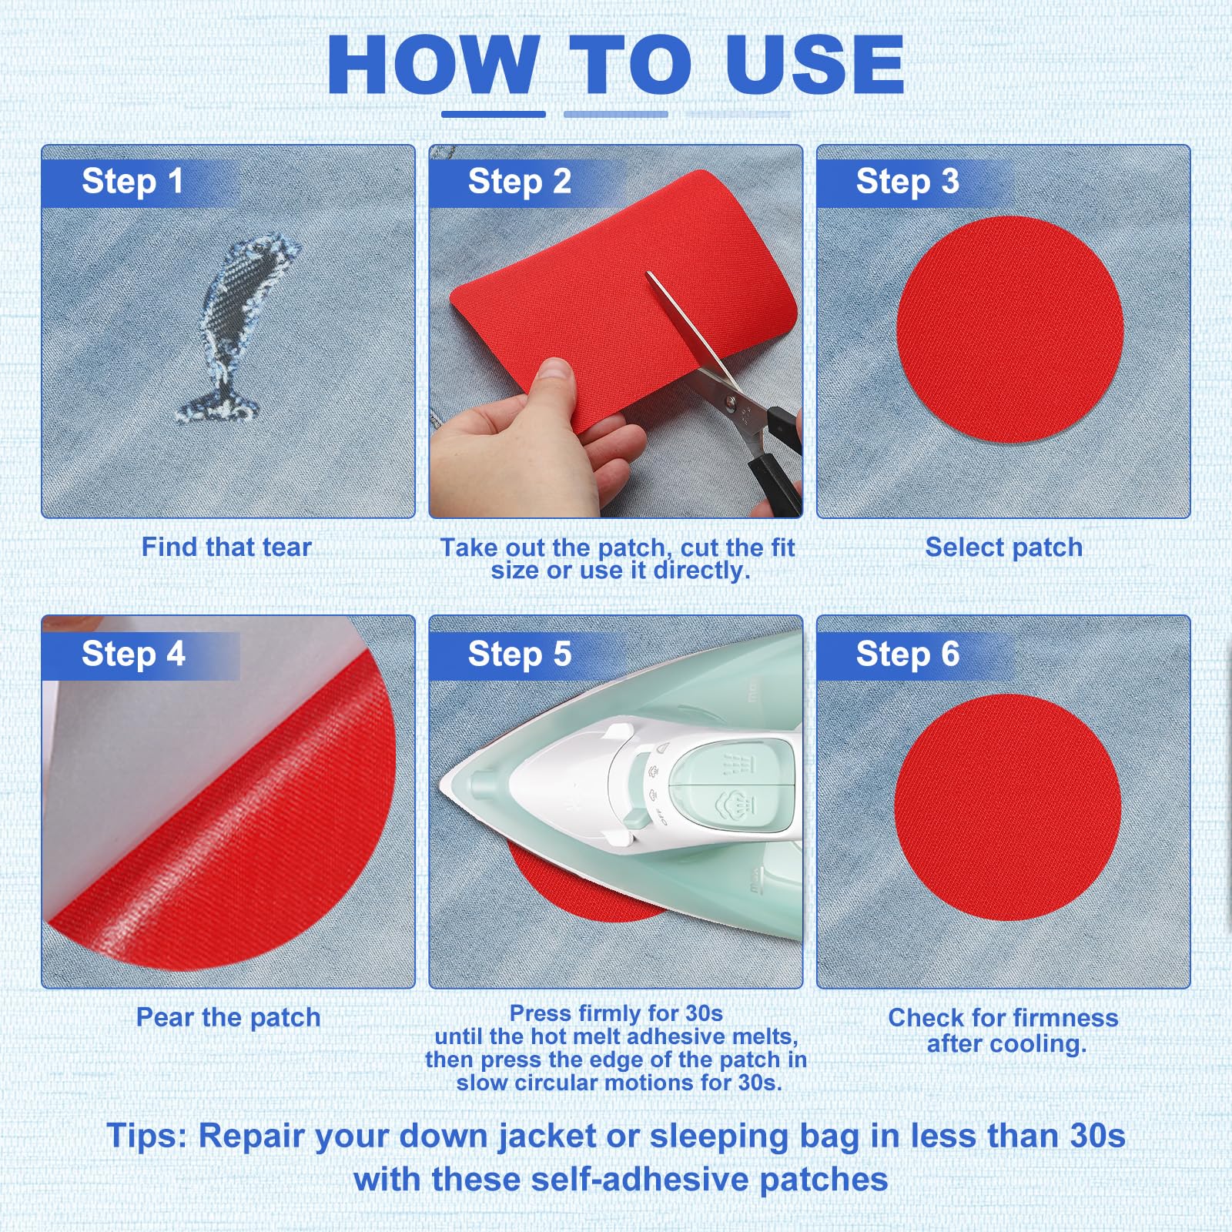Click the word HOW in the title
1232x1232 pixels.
coord(432,65)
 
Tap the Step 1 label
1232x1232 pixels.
coord(132,182)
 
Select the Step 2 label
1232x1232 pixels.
coord(520,182)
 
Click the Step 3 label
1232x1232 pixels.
coord(908,182)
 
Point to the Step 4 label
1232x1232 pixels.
coord(133,654)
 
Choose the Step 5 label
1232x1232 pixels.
coord(520,654)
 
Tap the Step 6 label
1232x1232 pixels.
coord(908,654)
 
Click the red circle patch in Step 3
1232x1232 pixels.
coord(1009,330)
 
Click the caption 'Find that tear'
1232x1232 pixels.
coord(226,547)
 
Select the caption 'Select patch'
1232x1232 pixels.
coord(1004,547)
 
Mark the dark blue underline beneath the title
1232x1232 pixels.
coord(494,114)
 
